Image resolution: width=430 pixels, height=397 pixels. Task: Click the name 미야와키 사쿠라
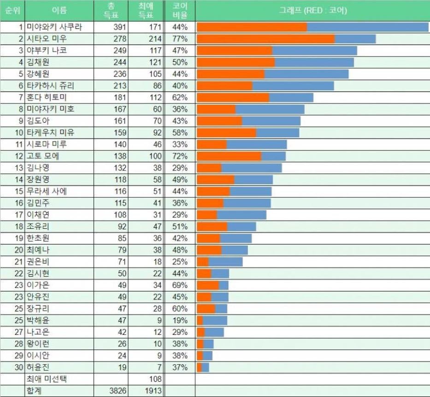(54, 27)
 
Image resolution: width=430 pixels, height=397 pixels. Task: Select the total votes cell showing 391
(119, 27)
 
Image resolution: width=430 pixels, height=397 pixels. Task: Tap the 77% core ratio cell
(179, 39)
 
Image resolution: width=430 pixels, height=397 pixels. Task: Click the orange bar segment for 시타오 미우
(265, 39)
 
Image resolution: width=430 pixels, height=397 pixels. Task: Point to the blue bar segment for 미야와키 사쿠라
(367, 27)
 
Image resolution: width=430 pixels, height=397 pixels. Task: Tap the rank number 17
(19, 215)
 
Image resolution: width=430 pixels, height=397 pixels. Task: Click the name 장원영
(38, 180)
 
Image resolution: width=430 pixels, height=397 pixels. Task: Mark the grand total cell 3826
(117, 391)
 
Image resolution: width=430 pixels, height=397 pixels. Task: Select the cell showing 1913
(153, 391)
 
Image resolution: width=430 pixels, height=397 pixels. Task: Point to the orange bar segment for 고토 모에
(229, 156)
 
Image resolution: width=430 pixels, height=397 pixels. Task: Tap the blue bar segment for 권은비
(225, 262)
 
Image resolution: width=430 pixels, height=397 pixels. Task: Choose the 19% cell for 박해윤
(179, 320)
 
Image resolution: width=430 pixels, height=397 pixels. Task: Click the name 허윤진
(38, 367)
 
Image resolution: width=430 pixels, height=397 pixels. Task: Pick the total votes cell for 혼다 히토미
(119, 98)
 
